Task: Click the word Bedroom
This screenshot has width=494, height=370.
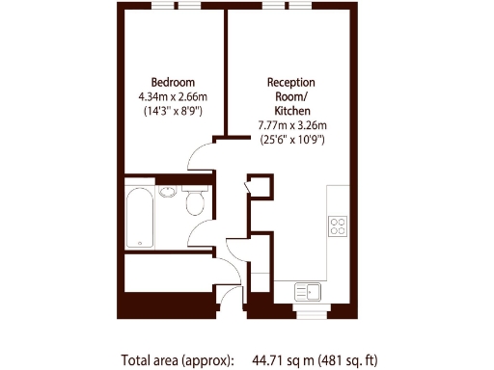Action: tap(173, 81)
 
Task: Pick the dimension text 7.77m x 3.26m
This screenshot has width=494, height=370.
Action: tap(291, 125)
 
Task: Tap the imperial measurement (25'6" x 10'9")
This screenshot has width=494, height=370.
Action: tap(291, 140)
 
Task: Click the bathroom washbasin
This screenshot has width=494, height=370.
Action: tap(169, 191)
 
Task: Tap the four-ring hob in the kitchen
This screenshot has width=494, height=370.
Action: tap(338, 226)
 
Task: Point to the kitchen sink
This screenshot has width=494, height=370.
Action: tap(308, 290)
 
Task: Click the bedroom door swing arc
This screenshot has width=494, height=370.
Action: tap(203, 154)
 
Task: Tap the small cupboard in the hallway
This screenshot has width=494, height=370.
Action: tap(258, 187)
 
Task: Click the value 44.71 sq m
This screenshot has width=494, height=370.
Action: tap(280, 360)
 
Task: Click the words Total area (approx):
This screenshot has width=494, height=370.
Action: tap(178, 360)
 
